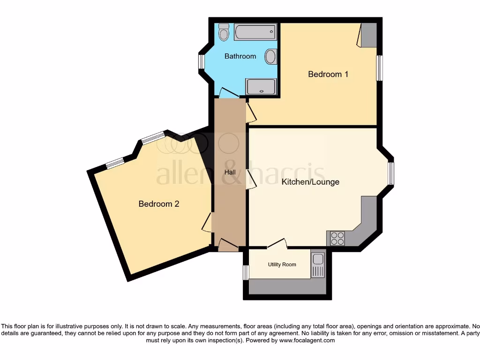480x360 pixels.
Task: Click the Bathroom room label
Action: pyautogui.click(x=240, y=56)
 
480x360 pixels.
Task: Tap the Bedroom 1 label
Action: pyautogui.click(x=328, y=74)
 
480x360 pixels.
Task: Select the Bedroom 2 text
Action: pyautogui.click(x=159, y=204)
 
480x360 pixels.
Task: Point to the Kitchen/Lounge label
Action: pyautogui.click(x=310, y=181)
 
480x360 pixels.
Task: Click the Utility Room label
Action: pyautogui.click(x=282, y=264)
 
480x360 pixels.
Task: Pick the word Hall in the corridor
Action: pyautogui.click(x=230, y=172)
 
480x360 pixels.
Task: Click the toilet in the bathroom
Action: pyautogui.click(x=224, y=31)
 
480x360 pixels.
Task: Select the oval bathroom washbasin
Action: pyautogui.click(x=270, y=57)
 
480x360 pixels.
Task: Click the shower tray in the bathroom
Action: pyautogui.click(x=261, y=87)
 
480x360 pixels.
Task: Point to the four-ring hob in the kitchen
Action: pyautogui.click(x=337, y=239)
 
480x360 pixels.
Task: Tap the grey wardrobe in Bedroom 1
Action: pyautogui.click(x=368, y=35)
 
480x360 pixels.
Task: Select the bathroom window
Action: pyautogui.click(x=202, y=61)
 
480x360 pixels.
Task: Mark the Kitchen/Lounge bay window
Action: pyautogui.click(x=390, y=173)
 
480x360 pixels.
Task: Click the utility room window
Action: pyautogui.click(x=246, y=272)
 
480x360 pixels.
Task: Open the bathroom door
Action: pyautogui.click(x=229, y=93)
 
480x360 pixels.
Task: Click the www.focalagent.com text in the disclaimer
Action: pyautogui.click(x=307, y=340)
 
